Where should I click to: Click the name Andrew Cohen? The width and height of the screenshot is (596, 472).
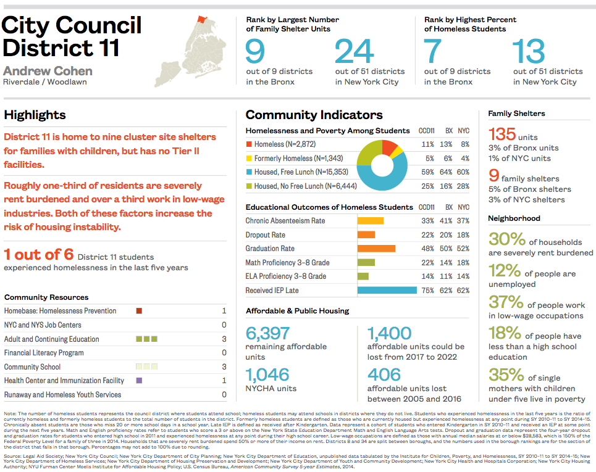(48, 70)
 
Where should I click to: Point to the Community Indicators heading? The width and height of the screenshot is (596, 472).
(314, 115)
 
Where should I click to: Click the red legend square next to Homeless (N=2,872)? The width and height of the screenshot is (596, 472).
(249, 144)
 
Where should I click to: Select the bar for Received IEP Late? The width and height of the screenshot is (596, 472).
(387, 290)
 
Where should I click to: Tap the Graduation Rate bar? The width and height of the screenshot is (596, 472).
(376, 249)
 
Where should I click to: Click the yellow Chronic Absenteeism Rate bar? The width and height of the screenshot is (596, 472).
(371, 221)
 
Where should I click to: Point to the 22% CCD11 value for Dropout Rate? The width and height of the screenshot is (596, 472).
(426, 235)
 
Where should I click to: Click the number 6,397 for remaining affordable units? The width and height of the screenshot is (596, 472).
(267, 334)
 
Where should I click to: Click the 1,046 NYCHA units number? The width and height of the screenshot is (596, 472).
(267, 375)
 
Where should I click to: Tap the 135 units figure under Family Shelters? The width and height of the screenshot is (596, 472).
(502, 135)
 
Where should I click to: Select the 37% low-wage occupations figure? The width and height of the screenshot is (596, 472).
(505, 302)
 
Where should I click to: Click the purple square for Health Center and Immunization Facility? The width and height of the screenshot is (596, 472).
(139, 381)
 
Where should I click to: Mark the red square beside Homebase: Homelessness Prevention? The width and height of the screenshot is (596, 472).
(139, 311)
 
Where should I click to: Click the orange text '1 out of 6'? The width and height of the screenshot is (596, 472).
(38, 254)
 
